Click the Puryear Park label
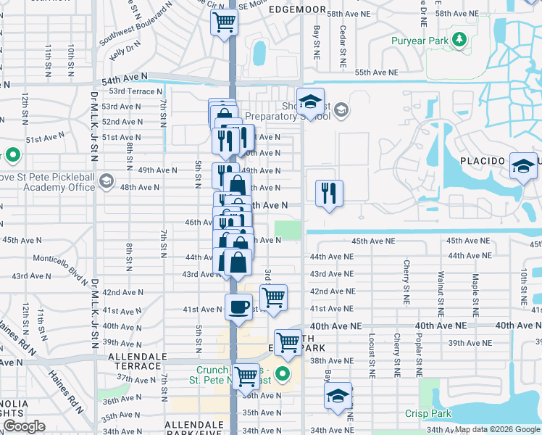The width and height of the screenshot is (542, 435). point(420,41)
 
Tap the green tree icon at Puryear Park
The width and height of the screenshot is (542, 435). point(459,38)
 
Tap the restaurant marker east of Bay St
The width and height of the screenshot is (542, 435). point(329,193)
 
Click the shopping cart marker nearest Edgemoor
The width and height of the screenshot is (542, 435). point(225,22)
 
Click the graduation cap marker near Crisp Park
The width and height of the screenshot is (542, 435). point(338,397)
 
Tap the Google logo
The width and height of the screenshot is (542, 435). point(24,426)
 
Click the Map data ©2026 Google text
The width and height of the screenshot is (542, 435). point(496,429)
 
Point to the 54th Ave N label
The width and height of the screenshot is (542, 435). point(125,76)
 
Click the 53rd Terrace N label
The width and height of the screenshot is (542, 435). point(135,91)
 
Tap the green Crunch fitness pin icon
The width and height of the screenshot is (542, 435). point(283,375)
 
